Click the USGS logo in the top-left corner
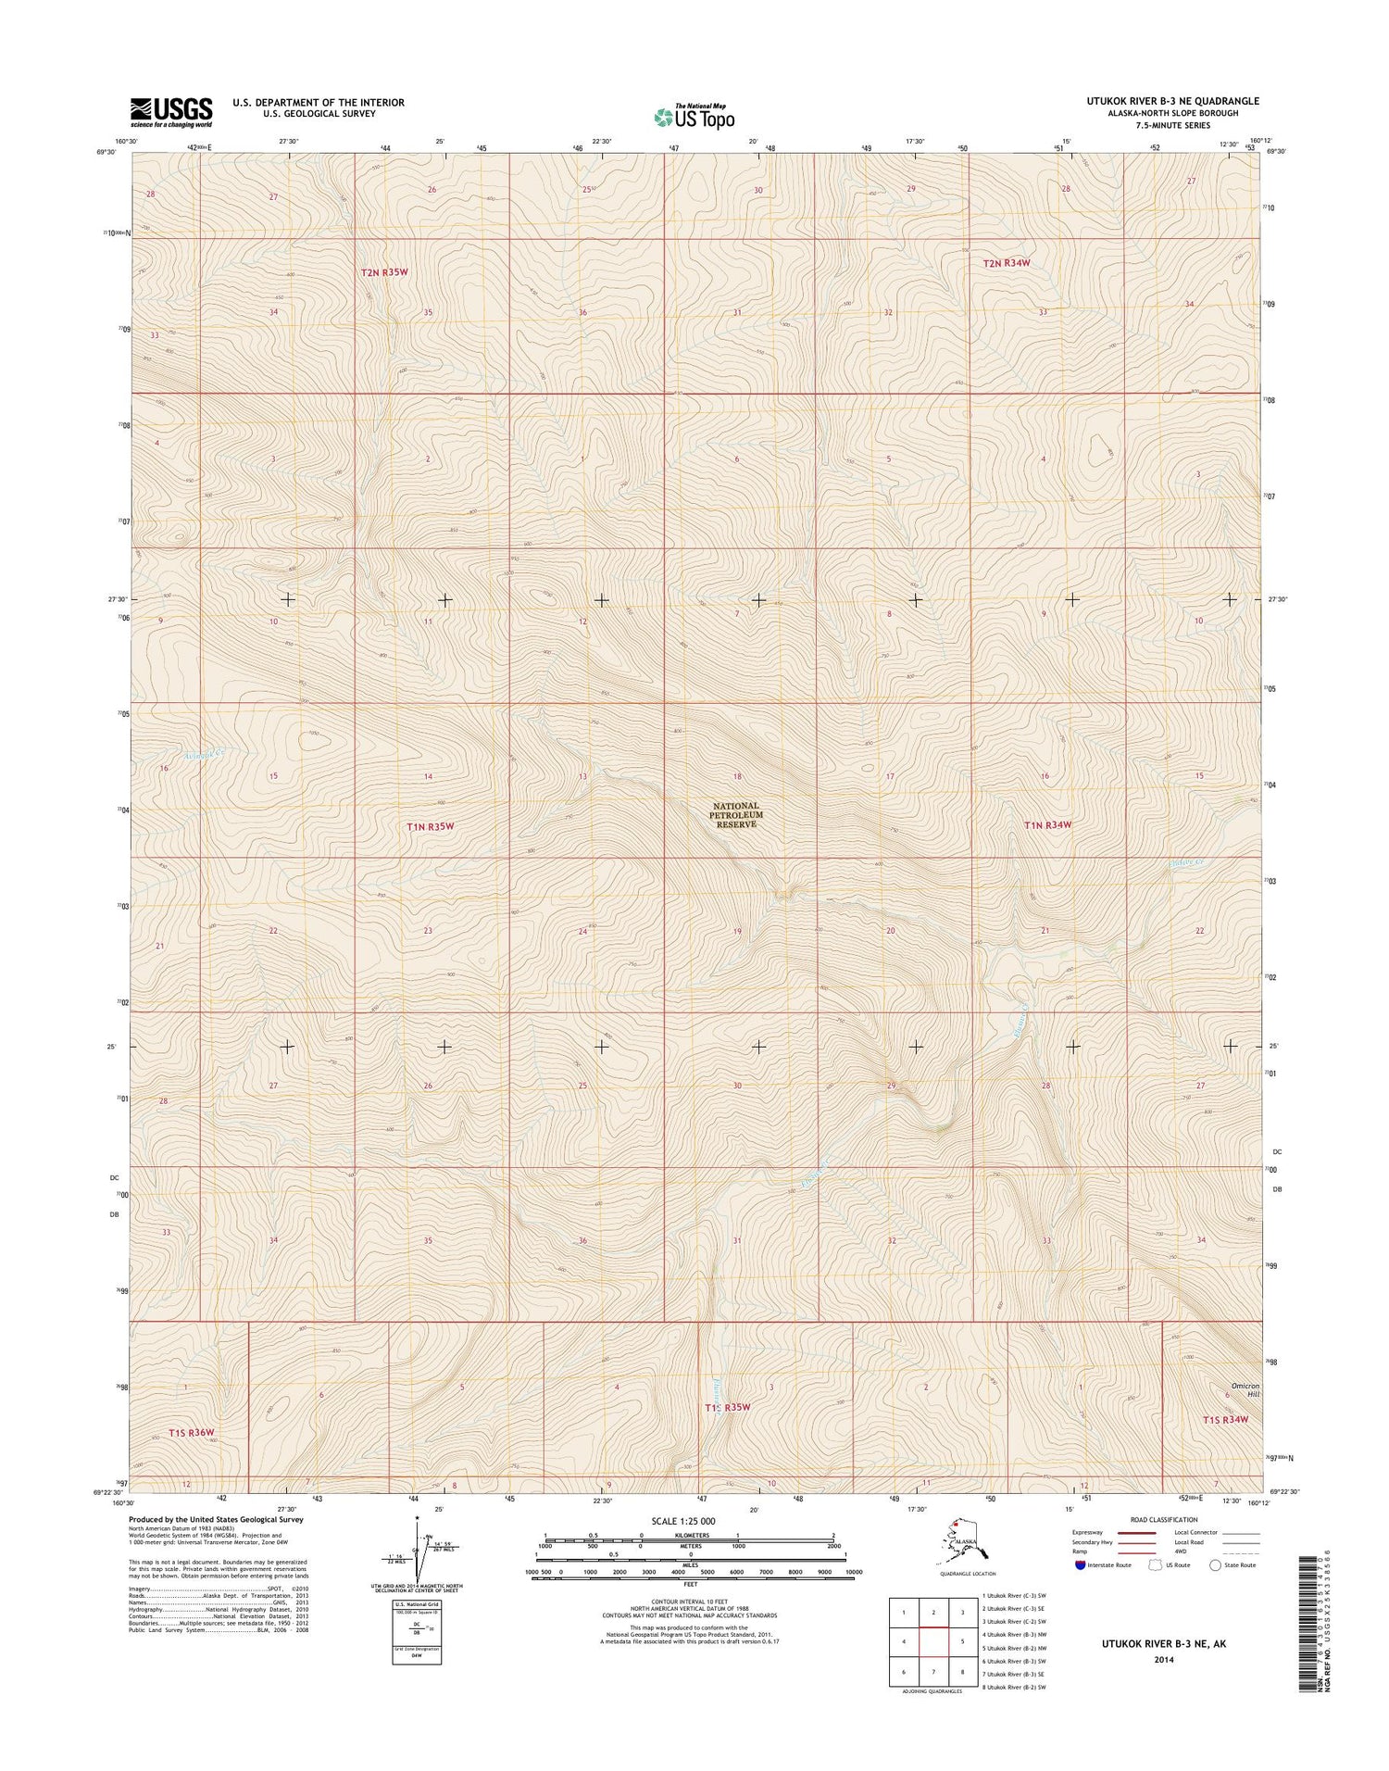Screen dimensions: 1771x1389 click(x=171, y=111)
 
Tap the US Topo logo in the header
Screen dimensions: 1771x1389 click(x=694, y=117)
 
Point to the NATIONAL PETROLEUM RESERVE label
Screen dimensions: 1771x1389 click(x=736, y=815)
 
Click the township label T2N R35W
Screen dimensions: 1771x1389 click(x=384, y=272)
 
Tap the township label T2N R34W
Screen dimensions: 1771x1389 click(x=1007, y=263)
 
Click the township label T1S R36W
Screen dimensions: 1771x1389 click(x=191, y=1433)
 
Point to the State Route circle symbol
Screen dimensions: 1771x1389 click(x=1216, y=1565)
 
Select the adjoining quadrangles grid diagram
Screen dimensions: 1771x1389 click(x=932, y=1639)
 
